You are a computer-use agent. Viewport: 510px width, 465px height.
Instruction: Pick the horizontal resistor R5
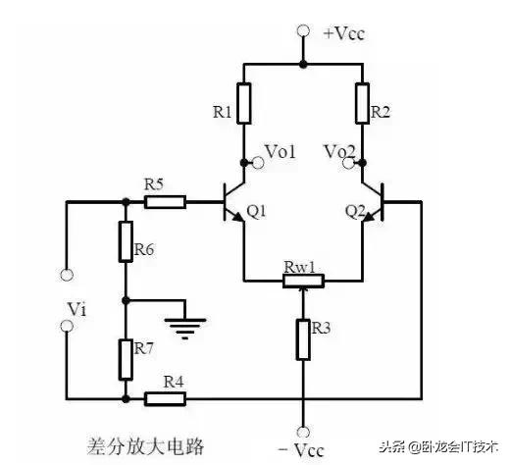point(165,202)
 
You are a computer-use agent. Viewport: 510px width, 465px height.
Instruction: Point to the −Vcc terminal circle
point(303,432)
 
